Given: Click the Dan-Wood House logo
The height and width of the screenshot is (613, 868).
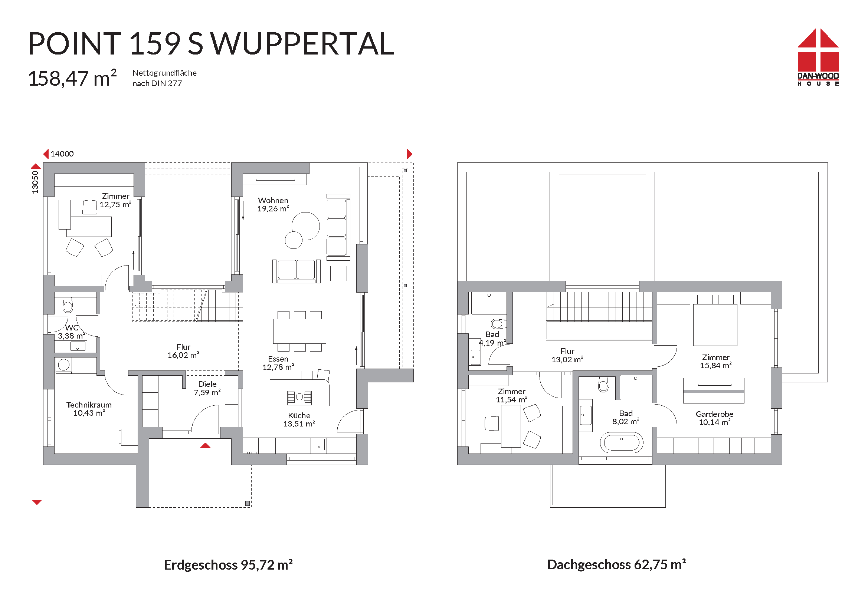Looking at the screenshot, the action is pos(818,57).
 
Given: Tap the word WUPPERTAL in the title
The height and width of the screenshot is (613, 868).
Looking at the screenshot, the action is pos(302,44).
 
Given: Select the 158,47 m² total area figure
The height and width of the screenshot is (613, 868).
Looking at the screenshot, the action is pos(72,78).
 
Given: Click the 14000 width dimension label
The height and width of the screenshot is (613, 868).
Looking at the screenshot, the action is pos(62,154).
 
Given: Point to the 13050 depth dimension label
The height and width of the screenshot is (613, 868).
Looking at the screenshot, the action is pos(35,182).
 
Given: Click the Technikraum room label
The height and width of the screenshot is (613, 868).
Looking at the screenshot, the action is pos(89,405).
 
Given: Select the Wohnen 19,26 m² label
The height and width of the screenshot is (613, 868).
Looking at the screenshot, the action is pos(273,204).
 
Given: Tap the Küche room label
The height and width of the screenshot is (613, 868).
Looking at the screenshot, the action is pos(299,415).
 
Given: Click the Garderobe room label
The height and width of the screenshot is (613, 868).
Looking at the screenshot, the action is pos(714,414).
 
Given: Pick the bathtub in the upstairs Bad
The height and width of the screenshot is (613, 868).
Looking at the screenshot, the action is pos(622,442).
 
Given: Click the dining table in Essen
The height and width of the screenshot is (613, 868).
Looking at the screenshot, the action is pos(299,331).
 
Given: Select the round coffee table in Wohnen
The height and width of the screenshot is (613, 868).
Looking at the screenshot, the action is pos(305,226).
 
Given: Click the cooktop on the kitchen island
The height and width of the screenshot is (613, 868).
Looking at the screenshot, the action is pos(299,397).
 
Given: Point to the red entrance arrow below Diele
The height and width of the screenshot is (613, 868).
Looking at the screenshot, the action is pos(205,445).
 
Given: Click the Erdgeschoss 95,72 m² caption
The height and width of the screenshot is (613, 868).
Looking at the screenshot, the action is pos(228,565).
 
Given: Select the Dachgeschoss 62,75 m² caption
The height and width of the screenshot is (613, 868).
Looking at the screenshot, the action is pos(617,565).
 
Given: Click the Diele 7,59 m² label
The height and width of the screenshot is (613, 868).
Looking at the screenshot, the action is pos(207,388).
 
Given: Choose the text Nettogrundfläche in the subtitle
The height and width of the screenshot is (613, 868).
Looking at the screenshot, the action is pos(164,73).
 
